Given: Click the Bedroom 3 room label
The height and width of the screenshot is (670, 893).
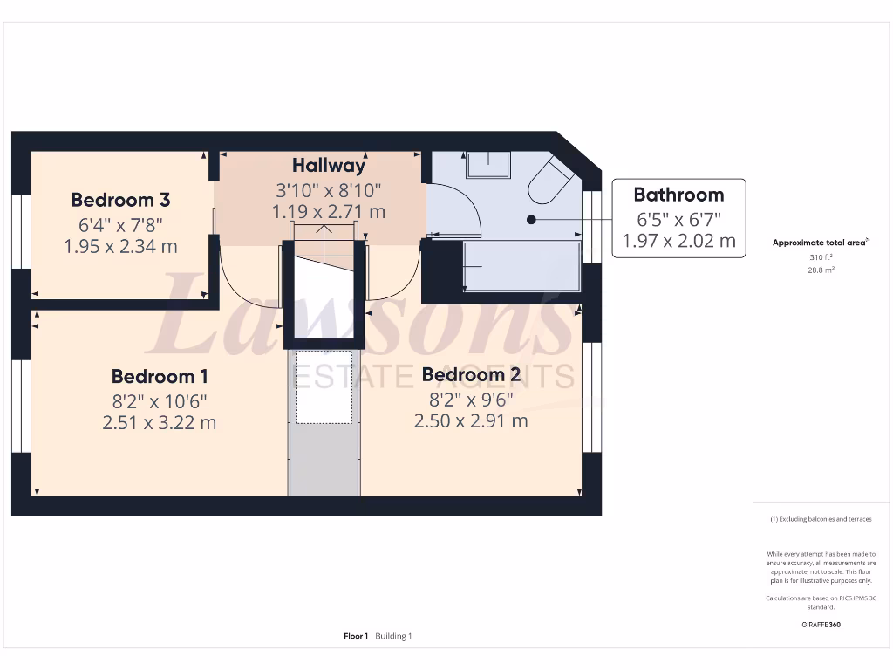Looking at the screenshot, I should click(120, 199).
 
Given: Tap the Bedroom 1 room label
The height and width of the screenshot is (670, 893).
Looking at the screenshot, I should click(159, 377).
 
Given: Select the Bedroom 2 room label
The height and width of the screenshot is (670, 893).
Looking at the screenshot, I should click(471, 375).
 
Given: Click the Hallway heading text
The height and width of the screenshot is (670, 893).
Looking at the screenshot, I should click(328, 165).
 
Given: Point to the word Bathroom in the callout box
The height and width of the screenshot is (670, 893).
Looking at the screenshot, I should click(678, 195).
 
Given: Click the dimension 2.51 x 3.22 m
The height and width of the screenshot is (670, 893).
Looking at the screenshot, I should click(159, 423).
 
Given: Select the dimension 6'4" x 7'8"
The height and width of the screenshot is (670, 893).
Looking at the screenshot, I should click(120, 224).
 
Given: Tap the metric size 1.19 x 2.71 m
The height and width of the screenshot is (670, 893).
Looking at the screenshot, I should click(328, 211).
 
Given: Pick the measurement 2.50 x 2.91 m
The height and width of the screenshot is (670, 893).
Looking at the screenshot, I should click(471, 420).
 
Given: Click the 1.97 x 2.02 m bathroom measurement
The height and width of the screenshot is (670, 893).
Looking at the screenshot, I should click(678, 241).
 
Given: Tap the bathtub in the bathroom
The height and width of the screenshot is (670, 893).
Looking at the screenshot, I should click(521, 266).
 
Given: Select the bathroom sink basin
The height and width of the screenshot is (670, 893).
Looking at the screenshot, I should click(487, 164).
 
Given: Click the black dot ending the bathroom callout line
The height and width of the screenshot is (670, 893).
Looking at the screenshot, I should click(531, 220).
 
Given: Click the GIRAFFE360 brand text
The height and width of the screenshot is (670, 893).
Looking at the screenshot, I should click(821, 625).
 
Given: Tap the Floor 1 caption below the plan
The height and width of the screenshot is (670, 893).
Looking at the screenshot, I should click(356, 636).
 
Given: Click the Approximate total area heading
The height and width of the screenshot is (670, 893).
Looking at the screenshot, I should click(820, 243).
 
